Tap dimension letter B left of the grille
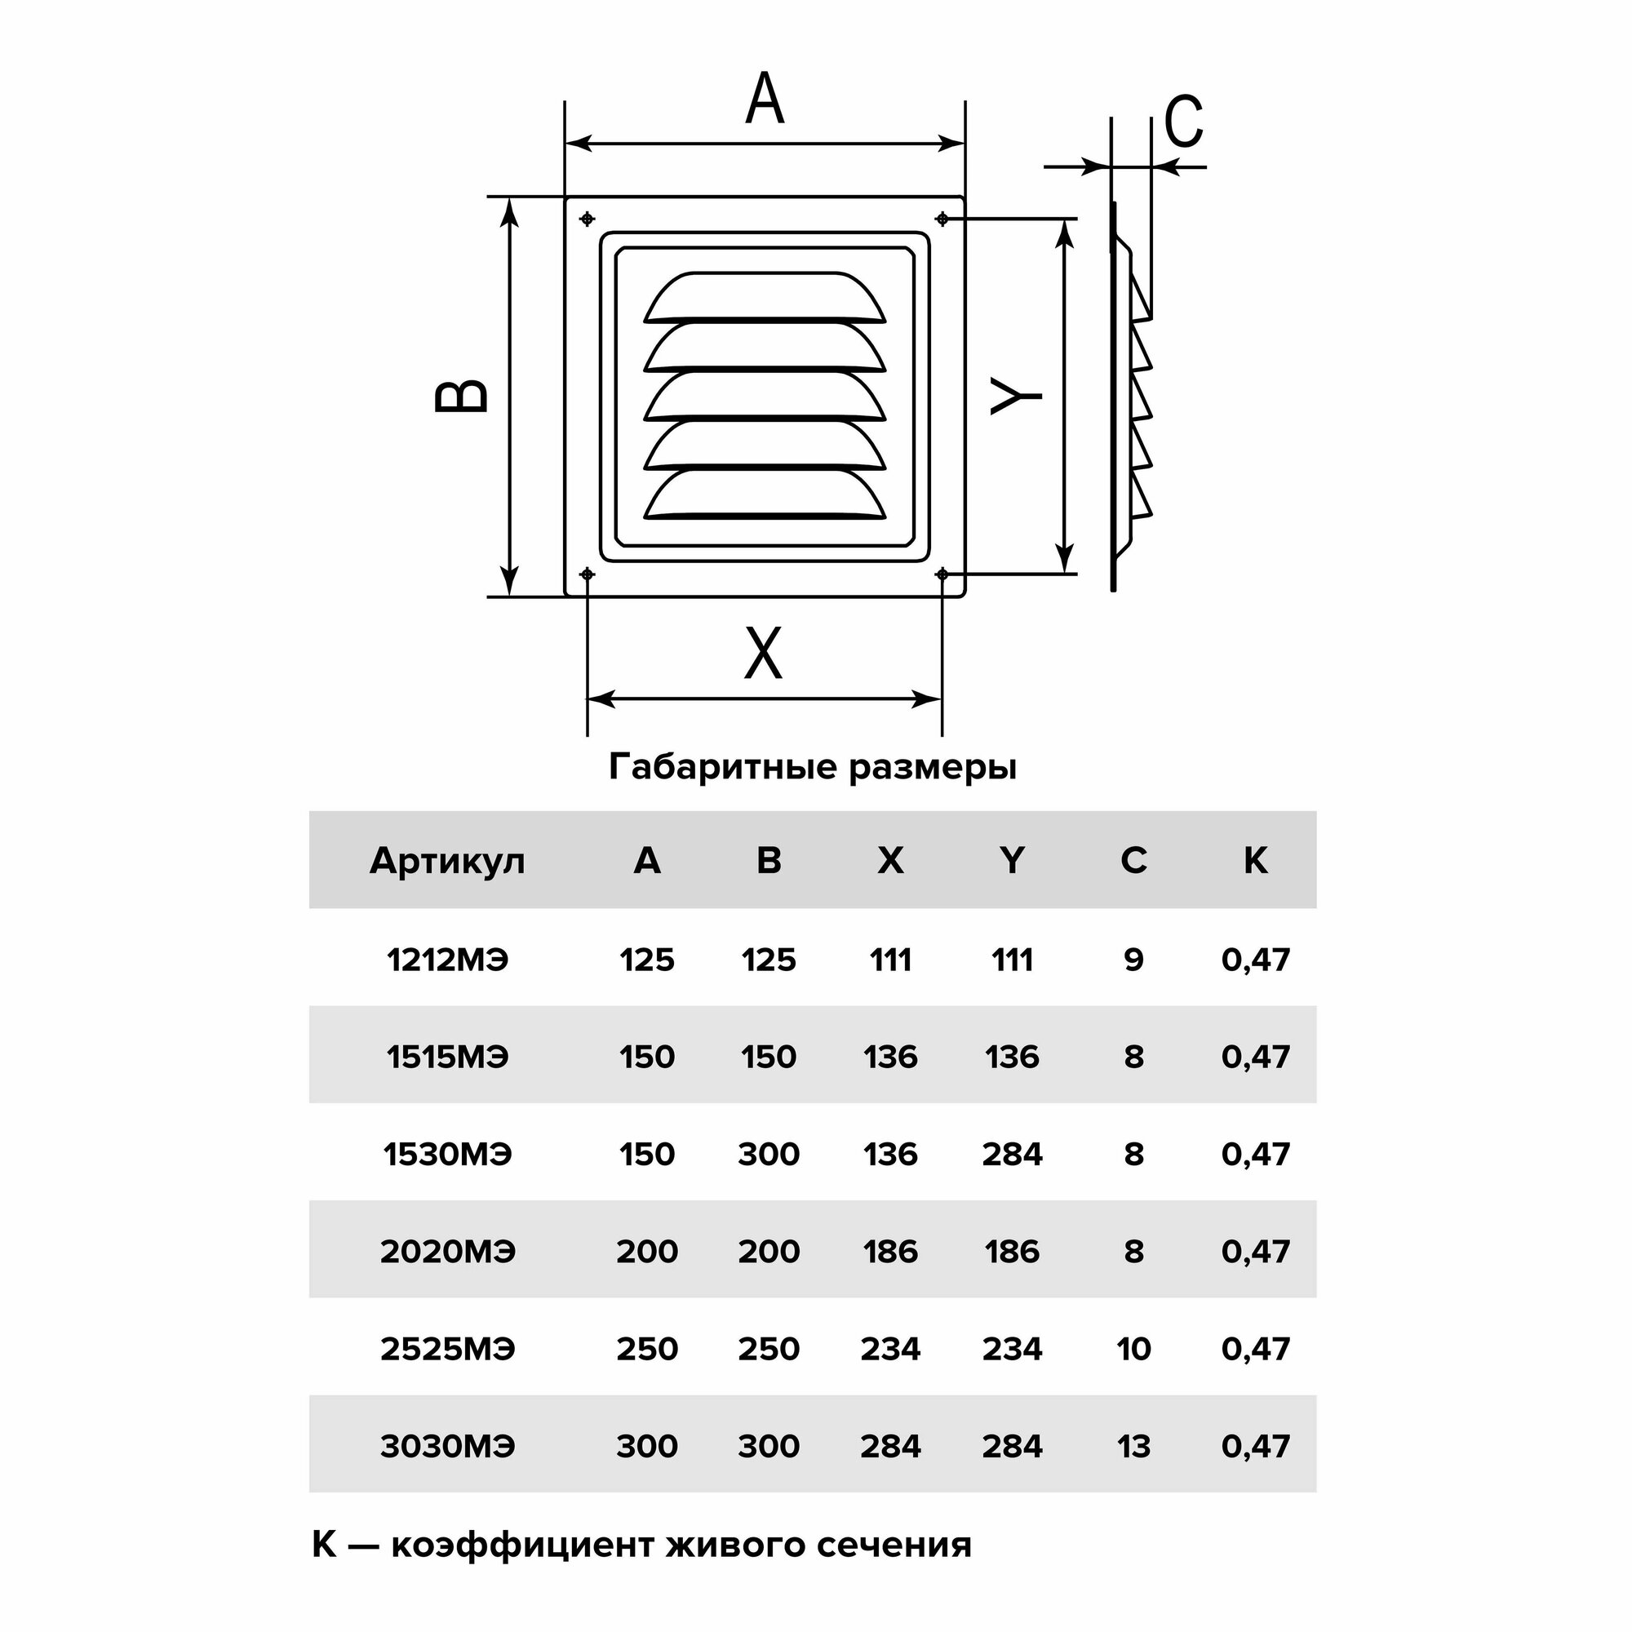[461, 397]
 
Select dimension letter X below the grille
[763, 653]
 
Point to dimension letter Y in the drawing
[1016, 397]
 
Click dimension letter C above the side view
[1182, 121]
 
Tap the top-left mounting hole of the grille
[587, 220]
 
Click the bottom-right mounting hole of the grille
[942, 574]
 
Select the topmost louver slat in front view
[765, 298]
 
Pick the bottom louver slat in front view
[765, 495]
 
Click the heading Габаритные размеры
[812, 767]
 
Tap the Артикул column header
[447, 861]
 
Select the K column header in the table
[1255, 861]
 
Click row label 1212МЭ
[447, 960]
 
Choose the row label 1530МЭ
[447, 1154]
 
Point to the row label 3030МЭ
[447, 1446]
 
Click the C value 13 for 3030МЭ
[1133, 1446]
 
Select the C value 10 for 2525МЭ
[1133, 1349]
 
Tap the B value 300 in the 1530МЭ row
[768, 1154]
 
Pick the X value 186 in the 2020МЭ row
[890, 1251]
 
